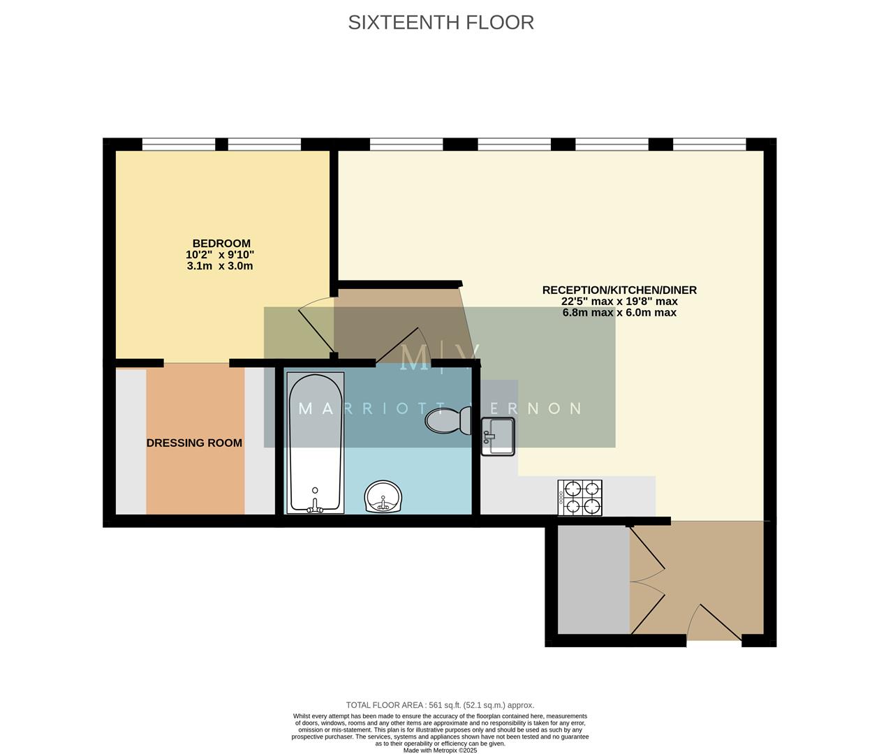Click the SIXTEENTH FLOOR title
[x=441, y=22]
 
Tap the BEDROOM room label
[x=221, y=244]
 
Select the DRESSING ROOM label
[x=194, y=443]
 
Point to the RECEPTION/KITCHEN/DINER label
[x=619, y=290]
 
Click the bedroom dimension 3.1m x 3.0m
[x=220, y=266]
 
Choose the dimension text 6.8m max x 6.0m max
[x=619, y=313]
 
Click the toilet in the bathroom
[x=448, y=421]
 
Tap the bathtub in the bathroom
[x=316, y=443]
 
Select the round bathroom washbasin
[x=383, y=496]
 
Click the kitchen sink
[x=498, y=436]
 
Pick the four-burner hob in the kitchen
[x=579, y=497]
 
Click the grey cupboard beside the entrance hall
[x=593, y=579]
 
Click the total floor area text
[x=440, y=705]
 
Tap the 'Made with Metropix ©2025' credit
[x=440, y=751]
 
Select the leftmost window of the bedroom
[x=179, y=145]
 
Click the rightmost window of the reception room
[x=709, y=145]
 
